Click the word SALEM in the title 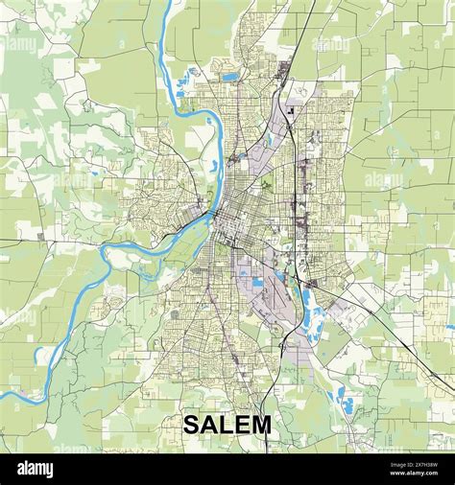227,425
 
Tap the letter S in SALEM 191,425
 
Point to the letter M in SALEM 262,425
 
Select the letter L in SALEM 227,425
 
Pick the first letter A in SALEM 209,425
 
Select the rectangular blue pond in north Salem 230,76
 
